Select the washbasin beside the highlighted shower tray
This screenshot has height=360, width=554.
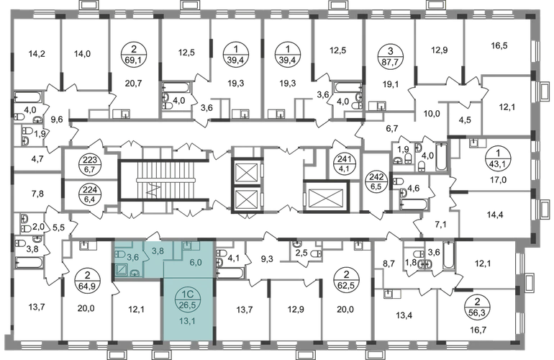[136, 274]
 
